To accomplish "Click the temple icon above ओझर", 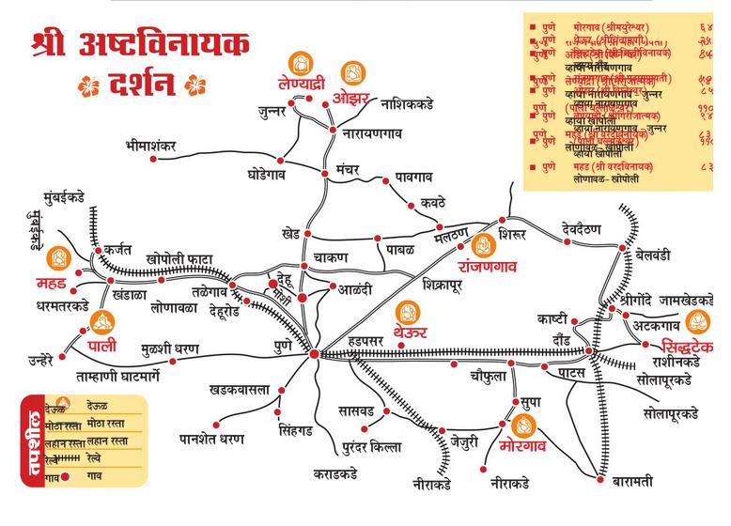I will tap(353, 72).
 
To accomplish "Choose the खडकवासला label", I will tap(240, 389).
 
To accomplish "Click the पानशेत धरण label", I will tap(211, 439).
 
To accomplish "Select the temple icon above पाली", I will tap(101, 325).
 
